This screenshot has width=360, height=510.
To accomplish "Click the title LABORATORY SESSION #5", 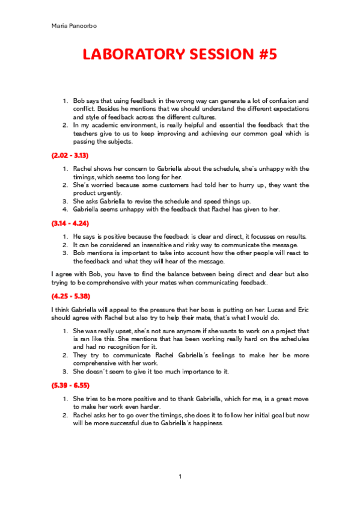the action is coord(180,55).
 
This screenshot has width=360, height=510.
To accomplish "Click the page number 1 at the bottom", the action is coord(180,477).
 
